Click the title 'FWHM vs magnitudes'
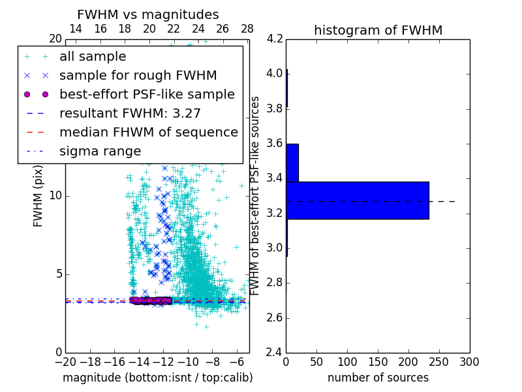click(148, 15)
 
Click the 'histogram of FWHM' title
click(378, 30)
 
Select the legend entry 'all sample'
click(93, 57)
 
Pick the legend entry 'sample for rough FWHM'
click(138, 76)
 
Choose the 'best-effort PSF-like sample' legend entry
click(147, 95)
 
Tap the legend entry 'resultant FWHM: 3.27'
click(130, 114)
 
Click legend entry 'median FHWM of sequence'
click(148, 133)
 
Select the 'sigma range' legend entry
click(100, 152)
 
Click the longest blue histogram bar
click(357, 200)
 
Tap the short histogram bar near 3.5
click(292, 163)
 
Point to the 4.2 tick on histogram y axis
click(274, 39)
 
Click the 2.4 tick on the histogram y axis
click(274, 353)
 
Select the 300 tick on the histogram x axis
click(470, 362)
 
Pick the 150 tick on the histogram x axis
click(378, 362)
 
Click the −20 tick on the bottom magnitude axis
click(65, 362)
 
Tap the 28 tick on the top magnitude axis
click(247, 29)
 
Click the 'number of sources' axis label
click(378, 378)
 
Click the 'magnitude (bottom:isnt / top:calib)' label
click(157, 378)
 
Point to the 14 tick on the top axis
click(76, 29)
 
